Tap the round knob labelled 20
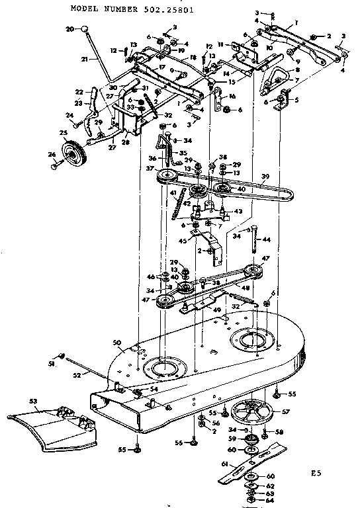click(x=85, y=28)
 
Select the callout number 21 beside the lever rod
click(x=85, y=59)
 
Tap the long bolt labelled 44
click(x=253, y=245)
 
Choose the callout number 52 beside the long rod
click(x=77, y=374)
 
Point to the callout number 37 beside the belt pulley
click(x=152, y=168)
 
